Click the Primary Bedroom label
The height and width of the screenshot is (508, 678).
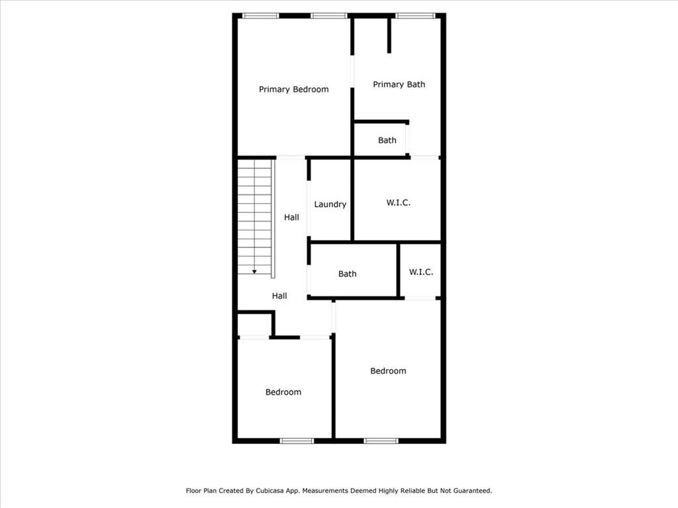tap(293, 89)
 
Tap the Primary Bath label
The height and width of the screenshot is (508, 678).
tap(399, 84)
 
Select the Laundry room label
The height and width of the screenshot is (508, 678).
tap(330, 204)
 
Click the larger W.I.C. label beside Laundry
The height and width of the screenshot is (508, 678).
tap(398, 202)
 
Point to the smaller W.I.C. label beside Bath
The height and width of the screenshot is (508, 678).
tap(421, 272)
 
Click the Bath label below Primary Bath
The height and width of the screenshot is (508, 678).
tap(387, 140)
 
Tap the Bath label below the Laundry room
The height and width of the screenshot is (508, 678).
tap(347, 274)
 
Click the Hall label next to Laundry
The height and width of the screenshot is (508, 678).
tap(291, 217)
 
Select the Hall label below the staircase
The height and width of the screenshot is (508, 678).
tap(279, 296)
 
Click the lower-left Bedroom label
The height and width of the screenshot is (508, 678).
tap(283, 392)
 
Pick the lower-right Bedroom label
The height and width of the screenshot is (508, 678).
tap(388, 371)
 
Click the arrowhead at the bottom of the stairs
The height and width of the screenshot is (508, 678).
tap(254, 271)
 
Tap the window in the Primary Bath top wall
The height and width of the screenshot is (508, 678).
tap(415, 15)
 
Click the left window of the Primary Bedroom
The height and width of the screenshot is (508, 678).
tap(260, 15)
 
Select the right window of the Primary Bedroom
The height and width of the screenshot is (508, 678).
tap(329, 15)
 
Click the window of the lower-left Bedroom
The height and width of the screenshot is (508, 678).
tap(296, 441)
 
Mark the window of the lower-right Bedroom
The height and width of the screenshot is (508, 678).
tap(381, 441)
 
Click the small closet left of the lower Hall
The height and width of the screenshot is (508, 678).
tap(254, 325)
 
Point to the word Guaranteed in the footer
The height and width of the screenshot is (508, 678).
tap(469, 491)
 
